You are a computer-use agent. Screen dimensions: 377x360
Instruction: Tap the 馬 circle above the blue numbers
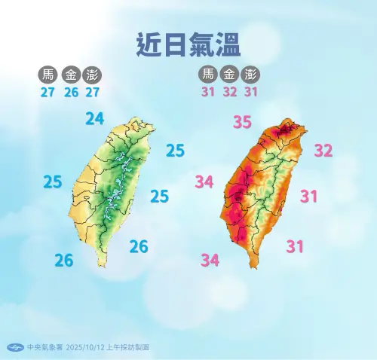(48, 75)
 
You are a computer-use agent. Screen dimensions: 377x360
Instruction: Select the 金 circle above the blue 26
(71, 75)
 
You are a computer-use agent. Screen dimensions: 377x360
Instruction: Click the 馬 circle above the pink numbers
(207, 75)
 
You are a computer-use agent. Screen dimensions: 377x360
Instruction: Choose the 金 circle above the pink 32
(230, 75)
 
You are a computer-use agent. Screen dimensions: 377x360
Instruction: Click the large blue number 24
(95, 118)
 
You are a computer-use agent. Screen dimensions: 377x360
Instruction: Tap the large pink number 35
(242, 122)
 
